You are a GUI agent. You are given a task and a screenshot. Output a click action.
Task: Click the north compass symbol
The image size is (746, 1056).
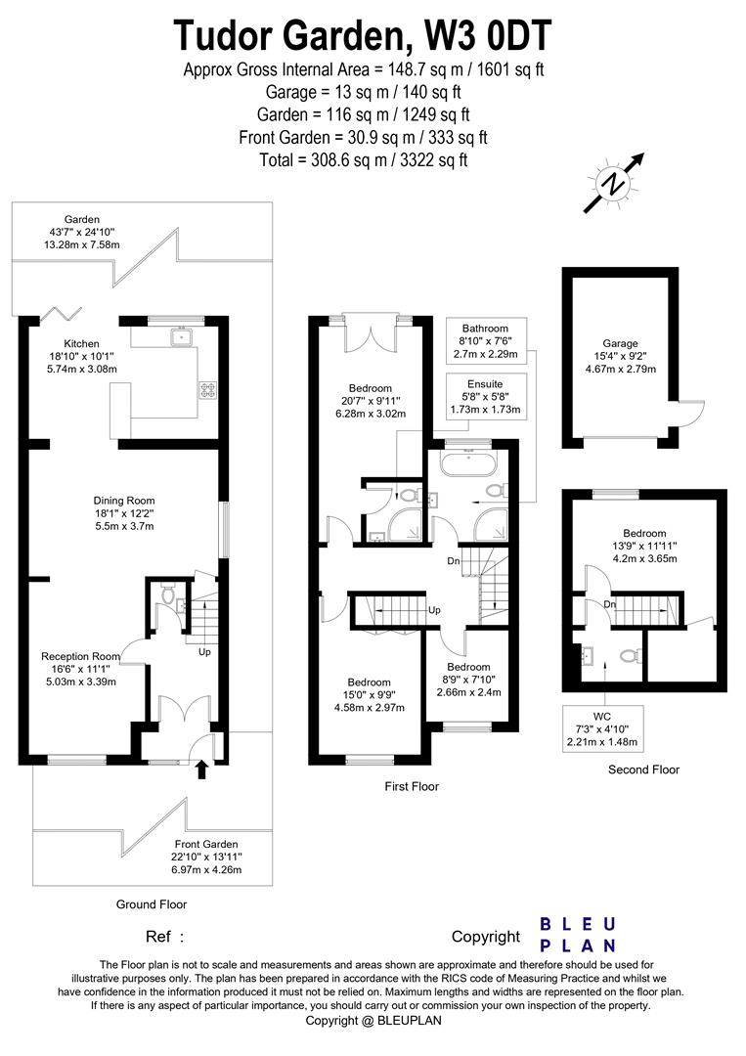(614, 183)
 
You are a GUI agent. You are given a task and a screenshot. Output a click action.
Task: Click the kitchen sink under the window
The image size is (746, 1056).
(181, 335)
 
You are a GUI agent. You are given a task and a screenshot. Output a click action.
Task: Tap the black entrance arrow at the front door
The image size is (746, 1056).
(200, 770)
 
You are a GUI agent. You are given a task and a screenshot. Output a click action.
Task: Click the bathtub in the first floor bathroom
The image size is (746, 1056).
(468, 464)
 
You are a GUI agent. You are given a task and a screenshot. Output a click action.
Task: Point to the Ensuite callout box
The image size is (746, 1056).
(485, 397)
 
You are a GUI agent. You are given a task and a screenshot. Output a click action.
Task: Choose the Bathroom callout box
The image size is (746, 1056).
(485, 341)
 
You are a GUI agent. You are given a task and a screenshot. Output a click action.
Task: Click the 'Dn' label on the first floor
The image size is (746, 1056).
(454, 560)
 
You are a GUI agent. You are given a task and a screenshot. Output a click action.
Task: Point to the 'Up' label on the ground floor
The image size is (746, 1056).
(204, 652)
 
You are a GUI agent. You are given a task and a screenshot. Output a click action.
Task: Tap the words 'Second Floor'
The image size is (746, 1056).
(643, 770)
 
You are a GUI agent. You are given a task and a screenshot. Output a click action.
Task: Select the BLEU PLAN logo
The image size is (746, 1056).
(578, 935)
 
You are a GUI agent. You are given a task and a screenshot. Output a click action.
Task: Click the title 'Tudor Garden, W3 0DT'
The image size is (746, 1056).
(363, 35)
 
